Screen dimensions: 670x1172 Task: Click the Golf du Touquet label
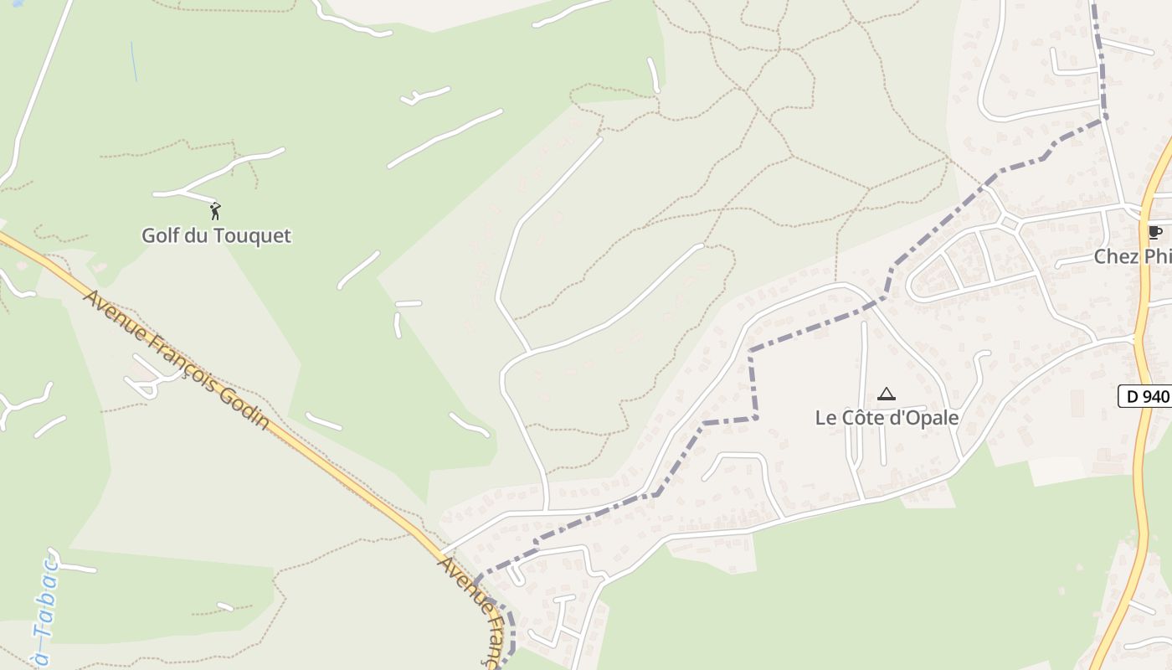(x=216, y=235)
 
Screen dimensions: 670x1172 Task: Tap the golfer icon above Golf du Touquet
(x=215, y=211)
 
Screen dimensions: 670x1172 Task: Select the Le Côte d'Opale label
(x=887, y=417)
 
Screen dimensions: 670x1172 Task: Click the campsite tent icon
(x=886, y=394)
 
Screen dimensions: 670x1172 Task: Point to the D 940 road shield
(x=1144, y=396)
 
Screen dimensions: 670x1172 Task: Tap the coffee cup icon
(x=1155, y=233)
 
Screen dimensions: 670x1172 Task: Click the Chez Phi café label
(x=1133, y=256)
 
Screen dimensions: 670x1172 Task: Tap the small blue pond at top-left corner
(x=17, y=3)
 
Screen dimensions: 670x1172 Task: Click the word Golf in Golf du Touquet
(x=160, y=235)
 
